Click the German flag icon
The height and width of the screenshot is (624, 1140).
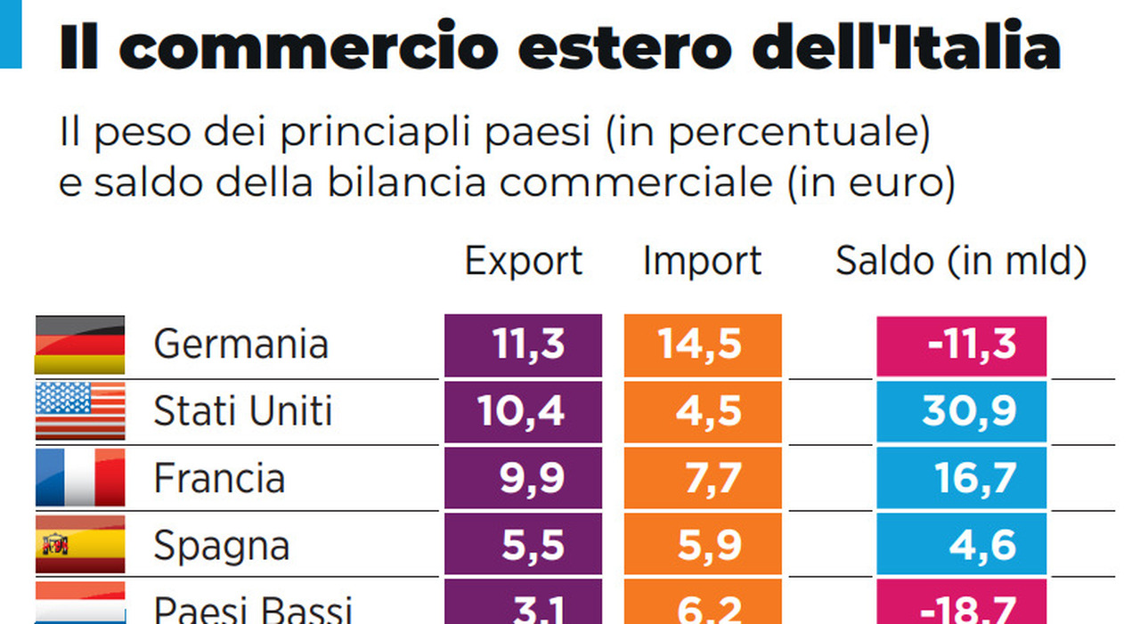pyautogui.click(x=80, y=344)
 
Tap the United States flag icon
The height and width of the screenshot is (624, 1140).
pyautogui.click(x=80, y=411)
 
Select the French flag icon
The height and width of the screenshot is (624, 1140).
pyautogui.click(x=80, y=478)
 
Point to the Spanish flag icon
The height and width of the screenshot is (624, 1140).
pyautogui.click(x=80, y=544)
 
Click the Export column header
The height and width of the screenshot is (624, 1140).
pyautogui.click(x=524, y=262)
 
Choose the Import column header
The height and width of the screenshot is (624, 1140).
pyautogui.click(x=702, y=262)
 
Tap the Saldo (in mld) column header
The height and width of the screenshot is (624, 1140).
pyautogui.click(x=961, y=262)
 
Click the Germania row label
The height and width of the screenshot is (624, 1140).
pyautogui.click(x=240, y=344)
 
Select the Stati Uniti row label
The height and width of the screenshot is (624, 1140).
pyautogui.click(x=242, y=411)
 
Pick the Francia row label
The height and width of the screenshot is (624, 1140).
pyautogui.click(x=219, y=479)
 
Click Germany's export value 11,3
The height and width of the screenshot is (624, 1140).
pyautogui.click(x=524, y=344)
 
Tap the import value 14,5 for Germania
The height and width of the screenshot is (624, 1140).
pyautogui.click(x=703, y=344)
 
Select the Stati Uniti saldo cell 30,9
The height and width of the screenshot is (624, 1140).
pyautogui.click(x=961, y=411)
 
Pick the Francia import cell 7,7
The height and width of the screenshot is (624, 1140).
pyautogui.click(x=703, y=478)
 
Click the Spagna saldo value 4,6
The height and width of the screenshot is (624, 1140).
pyautogui.click(x=961, y=545)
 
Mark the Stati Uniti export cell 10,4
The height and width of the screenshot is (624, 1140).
pyautogui.click(x=524, y=411)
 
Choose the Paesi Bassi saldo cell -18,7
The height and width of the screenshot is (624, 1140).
pyautogui.click(x=961, y=607)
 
